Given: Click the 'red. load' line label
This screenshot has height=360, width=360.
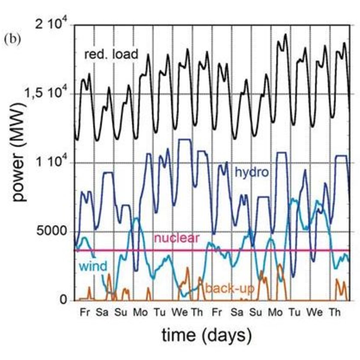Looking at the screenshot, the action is pos(111,55).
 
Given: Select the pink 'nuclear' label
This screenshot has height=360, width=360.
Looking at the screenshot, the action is pos(177,238).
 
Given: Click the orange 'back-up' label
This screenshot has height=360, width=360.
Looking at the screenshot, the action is pos(230,289).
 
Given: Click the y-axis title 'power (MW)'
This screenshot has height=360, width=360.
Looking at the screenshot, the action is pos(19,153).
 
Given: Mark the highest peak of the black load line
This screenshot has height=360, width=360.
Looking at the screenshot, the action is pos(285,34).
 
